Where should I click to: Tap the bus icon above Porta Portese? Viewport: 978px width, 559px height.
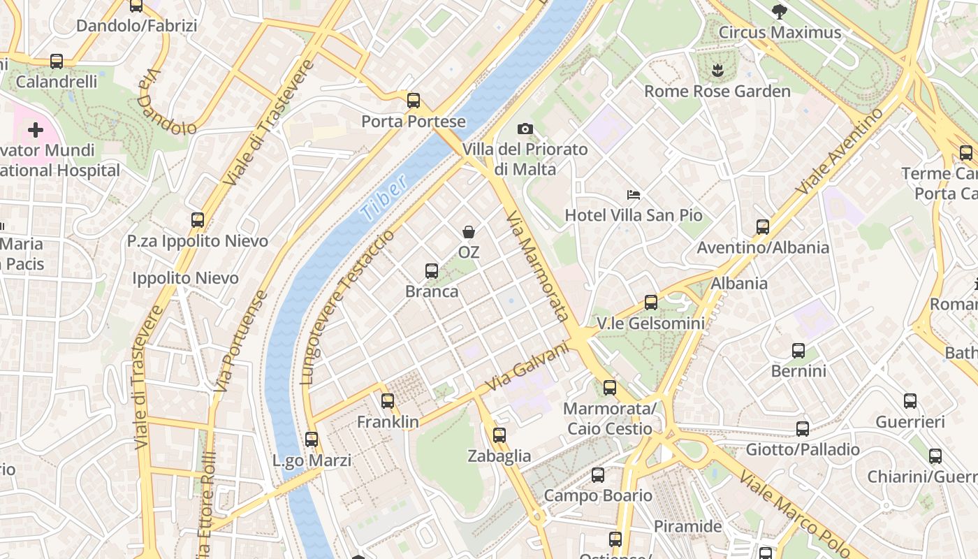[x=414, y=100]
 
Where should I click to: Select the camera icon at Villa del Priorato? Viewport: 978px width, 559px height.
[x=525, y=129]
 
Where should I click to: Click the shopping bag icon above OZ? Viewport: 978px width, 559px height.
[x=469, y=231]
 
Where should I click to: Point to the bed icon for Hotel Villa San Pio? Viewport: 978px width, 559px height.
[x=634, y=194]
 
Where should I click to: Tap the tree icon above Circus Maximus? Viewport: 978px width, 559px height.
[x=780, y=11]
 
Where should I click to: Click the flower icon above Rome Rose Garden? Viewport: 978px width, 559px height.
[x=717, y=70]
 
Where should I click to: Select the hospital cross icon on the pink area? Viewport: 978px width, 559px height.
[x=35, y=130]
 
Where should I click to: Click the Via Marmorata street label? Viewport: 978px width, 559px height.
[x=537, y=266]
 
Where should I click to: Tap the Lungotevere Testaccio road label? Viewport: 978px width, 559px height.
[x=347, y=307]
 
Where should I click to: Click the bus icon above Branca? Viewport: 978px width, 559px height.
[x=432, y=270]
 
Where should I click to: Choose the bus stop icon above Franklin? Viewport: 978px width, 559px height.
[x=388, y=401]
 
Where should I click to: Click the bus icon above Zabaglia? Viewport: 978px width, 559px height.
[x=499, y=435]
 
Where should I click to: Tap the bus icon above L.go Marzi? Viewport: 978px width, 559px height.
[x=312, y=440]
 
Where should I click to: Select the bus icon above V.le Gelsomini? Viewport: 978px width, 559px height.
[x=651, y=303]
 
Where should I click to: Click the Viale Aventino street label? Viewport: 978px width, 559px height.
[x=840, y=152]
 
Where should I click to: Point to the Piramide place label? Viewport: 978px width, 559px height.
[x=687, y=526]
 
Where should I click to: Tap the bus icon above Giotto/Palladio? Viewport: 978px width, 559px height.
[x=803, y=428]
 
